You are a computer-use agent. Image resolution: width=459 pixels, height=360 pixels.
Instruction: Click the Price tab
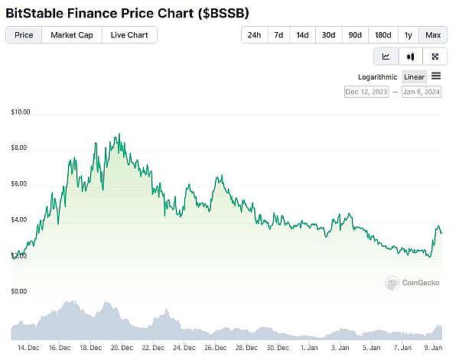tap(24, 35)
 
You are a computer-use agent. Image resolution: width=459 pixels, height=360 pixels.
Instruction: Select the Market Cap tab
tap(72, 35)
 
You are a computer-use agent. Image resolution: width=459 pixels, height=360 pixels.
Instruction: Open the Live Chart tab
tap(129, 35)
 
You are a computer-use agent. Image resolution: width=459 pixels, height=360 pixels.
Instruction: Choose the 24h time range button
tap(254, 35)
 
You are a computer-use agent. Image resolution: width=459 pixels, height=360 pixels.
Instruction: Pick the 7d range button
tap(279, 35)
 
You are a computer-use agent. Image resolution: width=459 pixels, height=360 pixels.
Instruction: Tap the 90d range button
tap(355, 35)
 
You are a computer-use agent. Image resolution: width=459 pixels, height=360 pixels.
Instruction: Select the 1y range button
tap(409, 35)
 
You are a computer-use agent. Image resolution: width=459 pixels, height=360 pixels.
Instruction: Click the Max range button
tap(433, 35)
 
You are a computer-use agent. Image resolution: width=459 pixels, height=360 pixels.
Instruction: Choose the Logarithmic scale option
tap(377, 76)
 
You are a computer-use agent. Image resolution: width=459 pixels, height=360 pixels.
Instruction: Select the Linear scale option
tap(414, 76)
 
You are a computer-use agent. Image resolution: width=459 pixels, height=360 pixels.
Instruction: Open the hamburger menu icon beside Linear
tap(436, 76)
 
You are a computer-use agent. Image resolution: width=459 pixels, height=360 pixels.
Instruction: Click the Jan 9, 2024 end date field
tap(422, 92)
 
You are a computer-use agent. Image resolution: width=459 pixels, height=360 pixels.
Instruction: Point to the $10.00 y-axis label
tap(21, 112)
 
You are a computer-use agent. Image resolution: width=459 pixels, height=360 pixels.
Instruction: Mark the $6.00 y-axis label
tap(20, 184)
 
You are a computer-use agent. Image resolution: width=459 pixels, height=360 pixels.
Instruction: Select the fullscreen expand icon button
tap(435, 57)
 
